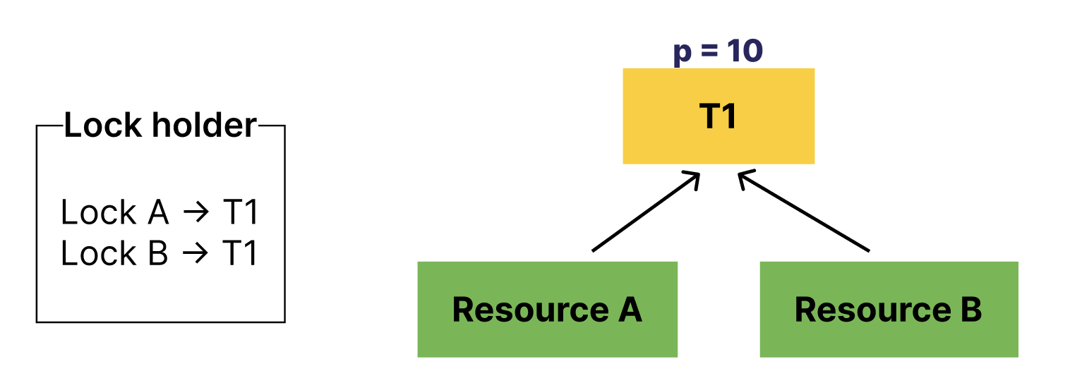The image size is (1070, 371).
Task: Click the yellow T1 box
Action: coord(719,116)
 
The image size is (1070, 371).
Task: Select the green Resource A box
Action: coord(547,310)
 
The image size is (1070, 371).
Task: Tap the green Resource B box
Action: coord(889,310)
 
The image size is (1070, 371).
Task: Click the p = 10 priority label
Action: coord(718,51)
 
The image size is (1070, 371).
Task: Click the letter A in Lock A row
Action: coord(159,213)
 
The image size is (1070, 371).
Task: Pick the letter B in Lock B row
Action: coord(158,254)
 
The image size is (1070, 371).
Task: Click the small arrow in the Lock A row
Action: coord(196,213)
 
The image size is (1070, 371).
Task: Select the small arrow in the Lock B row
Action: coord(196,254)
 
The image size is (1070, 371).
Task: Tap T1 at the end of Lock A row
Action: coord(240,213)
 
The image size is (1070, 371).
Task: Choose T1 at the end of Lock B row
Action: coord(240,254)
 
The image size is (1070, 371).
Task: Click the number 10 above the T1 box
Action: coord(744,51)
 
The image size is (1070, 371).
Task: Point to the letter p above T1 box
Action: coord(682,54)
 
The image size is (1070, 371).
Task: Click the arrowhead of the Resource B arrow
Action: coord(744,177)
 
